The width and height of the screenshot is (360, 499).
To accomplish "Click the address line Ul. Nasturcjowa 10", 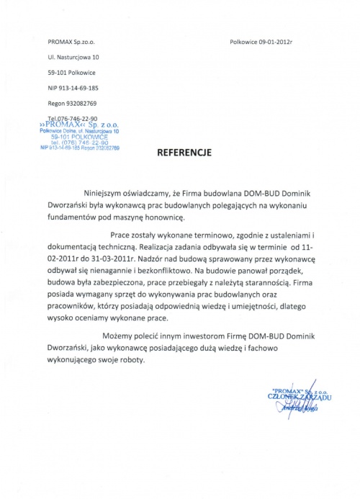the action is pos(74,56).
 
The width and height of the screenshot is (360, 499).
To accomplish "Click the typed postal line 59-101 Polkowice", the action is pos(75,72).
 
